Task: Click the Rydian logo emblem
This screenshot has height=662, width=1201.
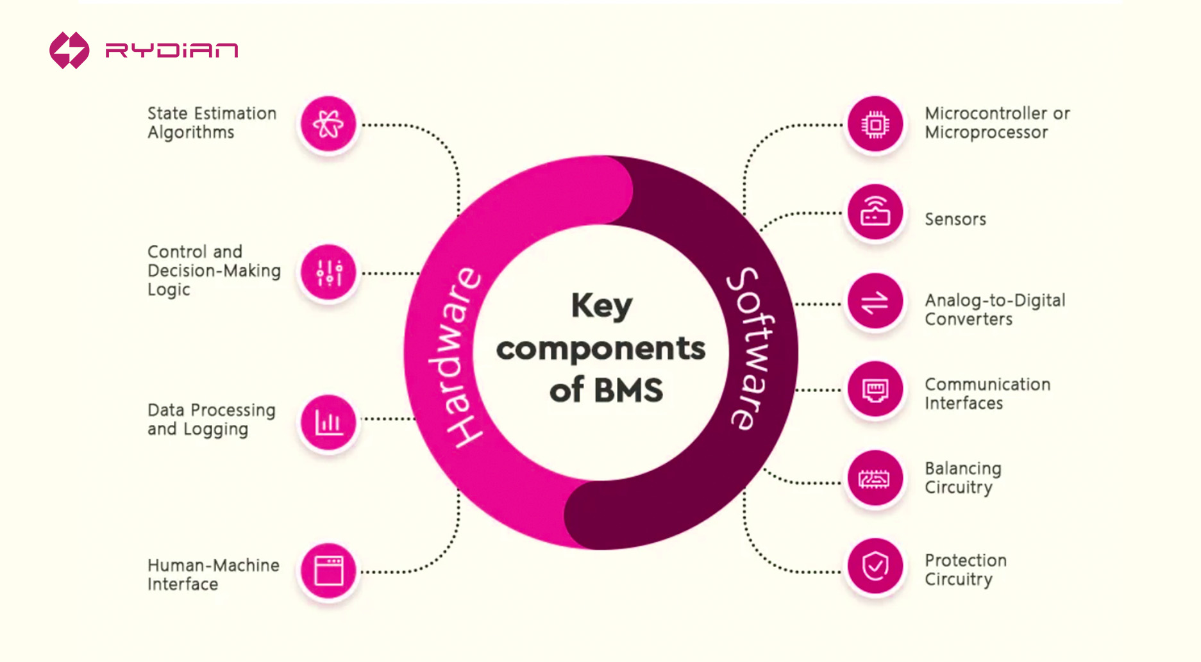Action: [x=69, y=50]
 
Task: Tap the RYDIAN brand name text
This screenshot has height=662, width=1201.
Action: [x=172, y=51]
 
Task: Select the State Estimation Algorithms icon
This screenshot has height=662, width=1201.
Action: [x=328, y=124]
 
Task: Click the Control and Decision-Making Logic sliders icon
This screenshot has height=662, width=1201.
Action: [x=329, y=273]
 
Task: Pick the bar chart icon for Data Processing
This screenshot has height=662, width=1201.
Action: [x=328, y=422]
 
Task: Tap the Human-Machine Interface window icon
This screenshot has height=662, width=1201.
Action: [x=328, y=570]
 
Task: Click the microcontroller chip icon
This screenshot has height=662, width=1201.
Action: [x=875, y=124]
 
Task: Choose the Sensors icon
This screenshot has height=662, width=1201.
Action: [x=875, y=212]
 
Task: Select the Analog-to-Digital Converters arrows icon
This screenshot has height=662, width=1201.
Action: [x=875, y=302]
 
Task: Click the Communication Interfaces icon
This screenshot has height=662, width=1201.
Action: [x=875, y=390]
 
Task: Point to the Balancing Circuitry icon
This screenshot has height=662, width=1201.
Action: [x=875, y=479]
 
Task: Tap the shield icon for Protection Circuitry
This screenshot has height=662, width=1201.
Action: [x=875, y=567]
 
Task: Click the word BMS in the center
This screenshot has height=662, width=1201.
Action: [x=628, y=390]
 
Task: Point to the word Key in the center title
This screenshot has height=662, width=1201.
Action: [x=601, y=306]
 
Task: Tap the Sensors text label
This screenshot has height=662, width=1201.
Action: [x=955, y=219]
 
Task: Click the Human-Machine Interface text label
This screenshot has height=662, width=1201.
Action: [x=213, y=574]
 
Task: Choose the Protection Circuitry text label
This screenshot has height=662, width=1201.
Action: [x=965, y=570]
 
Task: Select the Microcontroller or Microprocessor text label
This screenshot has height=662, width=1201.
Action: [x=996, y=122]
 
